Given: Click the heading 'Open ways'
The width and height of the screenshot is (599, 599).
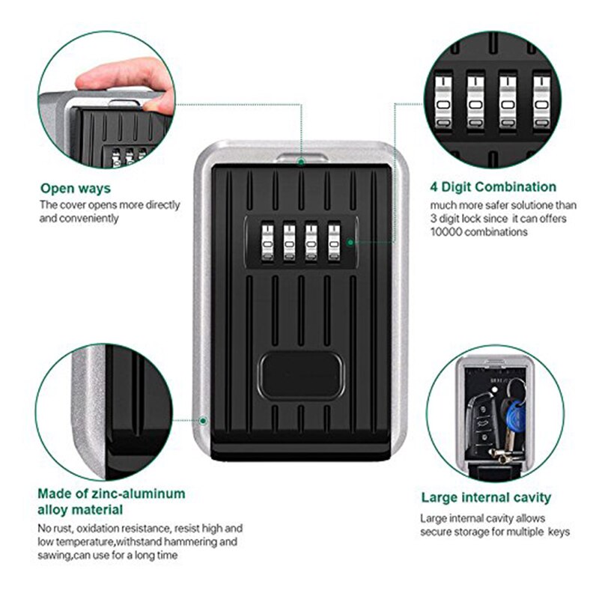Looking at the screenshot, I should tap(75, 189).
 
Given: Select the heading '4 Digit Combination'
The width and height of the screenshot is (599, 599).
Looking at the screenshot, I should tap(493, 187).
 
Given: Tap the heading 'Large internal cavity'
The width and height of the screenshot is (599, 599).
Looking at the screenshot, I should tap(486, 497).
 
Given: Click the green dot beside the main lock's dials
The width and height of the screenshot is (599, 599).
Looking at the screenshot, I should tap(353, 242).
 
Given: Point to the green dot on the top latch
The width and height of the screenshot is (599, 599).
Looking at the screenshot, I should tap(300, 160).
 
